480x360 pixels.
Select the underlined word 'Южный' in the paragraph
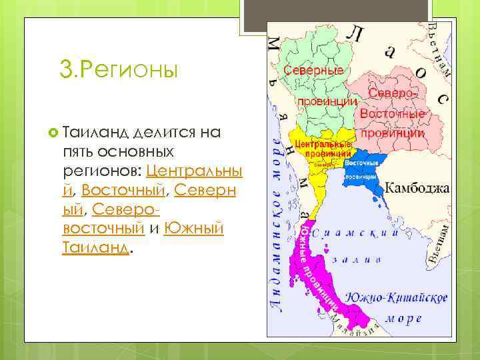193,229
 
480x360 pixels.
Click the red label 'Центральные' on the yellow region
323,145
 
